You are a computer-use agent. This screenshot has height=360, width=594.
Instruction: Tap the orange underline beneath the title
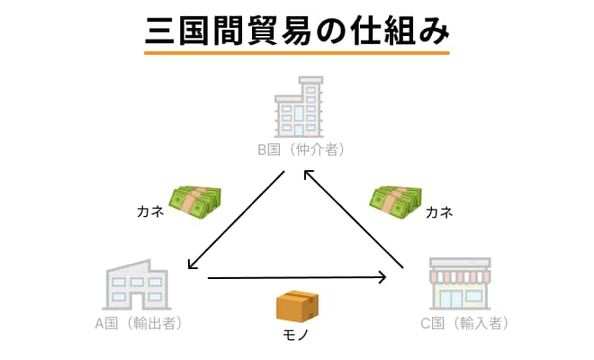coord(297,52)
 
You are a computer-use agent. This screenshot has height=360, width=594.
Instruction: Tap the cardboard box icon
coord(298,306)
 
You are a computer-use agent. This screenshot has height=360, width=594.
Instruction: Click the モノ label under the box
coord(298,337)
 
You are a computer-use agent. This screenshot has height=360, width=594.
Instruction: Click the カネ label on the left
coord(149,212)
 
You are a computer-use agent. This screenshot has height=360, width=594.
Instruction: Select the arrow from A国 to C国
coord(297,277)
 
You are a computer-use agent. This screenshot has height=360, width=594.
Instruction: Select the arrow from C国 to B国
coord(353,220)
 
